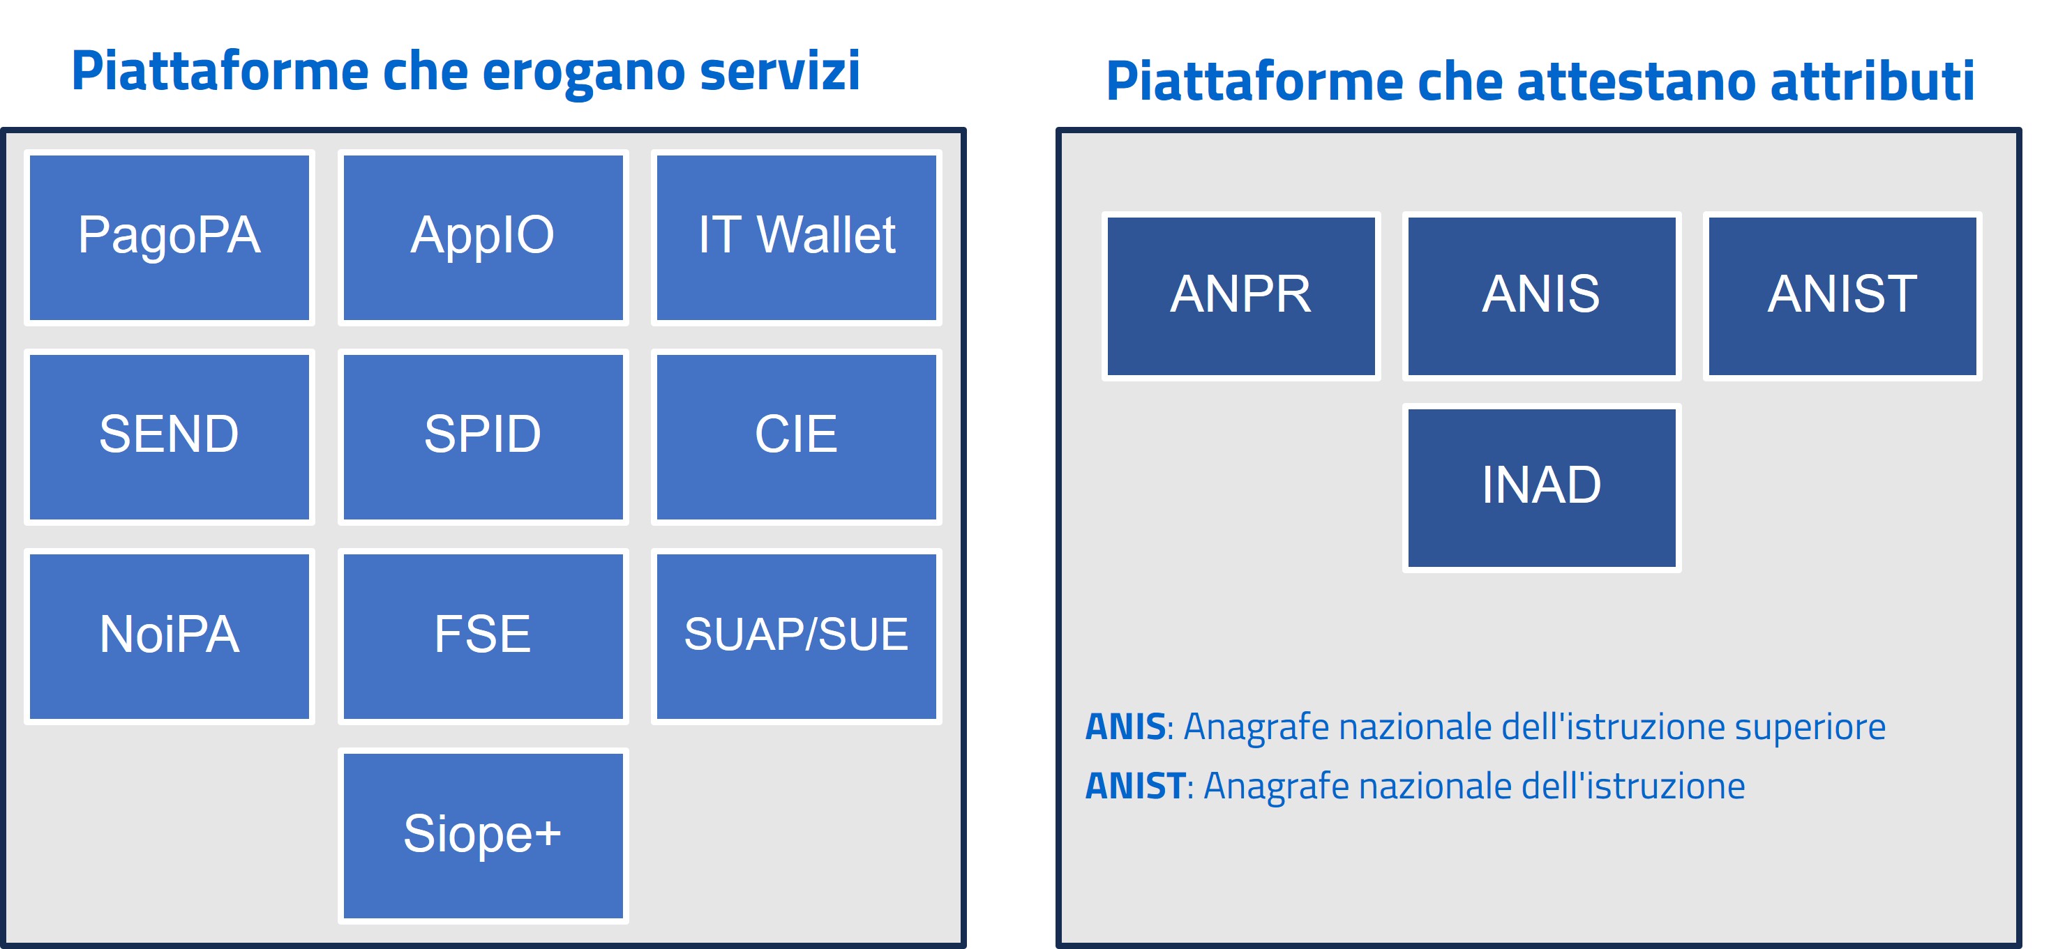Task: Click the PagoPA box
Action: tap(169, 237)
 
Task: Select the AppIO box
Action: tap(483, 237)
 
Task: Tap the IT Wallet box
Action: tap(796, 237)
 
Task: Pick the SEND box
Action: tap(169, 436)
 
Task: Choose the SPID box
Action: tap(483, 436)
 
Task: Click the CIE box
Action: tap(796, 436)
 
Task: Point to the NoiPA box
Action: tap(169, 637)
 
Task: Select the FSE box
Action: tap(483, 637)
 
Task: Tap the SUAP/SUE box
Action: tap(796, 637)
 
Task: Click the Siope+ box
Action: tap(483, 835)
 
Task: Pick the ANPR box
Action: tap(1241, 296)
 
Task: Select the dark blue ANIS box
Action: tap(1542, 296)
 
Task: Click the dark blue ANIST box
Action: tap(1842, 296)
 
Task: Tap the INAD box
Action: tap(1542, 487)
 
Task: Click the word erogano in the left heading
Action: tap(584, 74)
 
